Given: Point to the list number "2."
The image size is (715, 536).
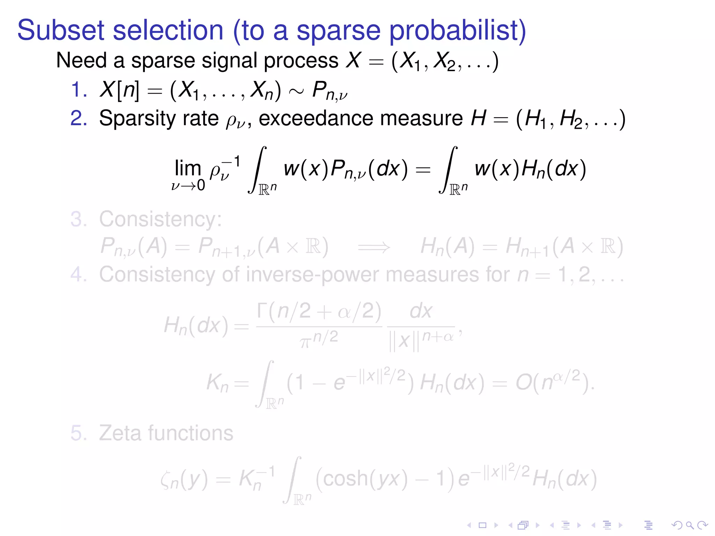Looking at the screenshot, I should (79, 118).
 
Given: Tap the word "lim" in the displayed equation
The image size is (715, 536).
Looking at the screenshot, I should (188, 168).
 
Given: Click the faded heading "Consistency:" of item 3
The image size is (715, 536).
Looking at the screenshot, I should (160, 219).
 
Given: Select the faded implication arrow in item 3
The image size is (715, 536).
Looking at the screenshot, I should (374, 247).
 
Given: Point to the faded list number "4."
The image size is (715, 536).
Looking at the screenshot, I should (79, 274).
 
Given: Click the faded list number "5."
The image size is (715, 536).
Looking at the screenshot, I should (79, 433).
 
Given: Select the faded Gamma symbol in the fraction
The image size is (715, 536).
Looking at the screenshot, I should (262, 310).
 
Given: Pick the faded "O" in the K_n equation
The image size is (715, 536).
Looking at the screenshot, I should (524, 383).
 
